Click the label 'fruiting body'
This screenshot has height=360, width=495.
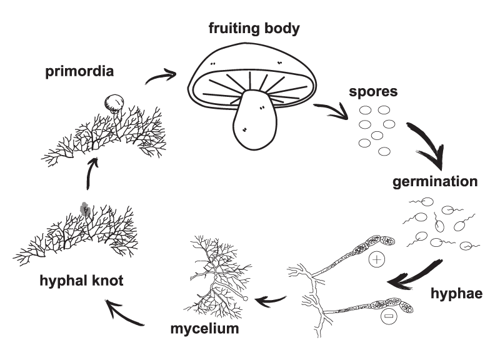[x=254, y=29]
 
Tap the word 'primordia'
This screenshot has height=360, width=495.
[x=79, y=71]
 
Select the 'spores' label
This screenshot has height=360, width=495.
[x=373, y=92]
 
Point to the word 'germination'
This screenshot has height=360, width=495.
[x=435, y=182]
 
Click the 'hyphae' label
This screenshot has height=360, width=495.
[x=456, y=293]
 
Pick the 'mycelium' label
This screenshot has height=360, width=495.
[x=204, y=329]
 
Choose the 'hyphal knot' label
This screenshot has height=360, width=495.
[x=81, y=281]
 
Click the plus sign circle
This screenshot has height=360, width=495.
[x=377, y=259]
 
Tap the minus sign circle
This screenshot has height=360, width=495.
[x=389, y=316]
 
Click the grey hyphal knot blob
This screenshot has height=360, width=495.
[x=84, y=209]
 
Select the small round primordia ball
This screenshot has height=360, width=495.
[x=114, y=103]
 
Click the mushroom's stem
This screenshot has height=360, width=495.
[x=254, y=121]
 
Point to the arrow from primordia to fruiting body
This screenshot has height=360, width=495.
[x=161, y=76]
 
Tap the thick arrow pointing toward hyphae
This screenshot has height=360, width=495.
[x=414, y=276]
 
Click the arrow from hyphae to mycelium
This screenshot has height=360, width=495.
[x=271, y=301]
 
